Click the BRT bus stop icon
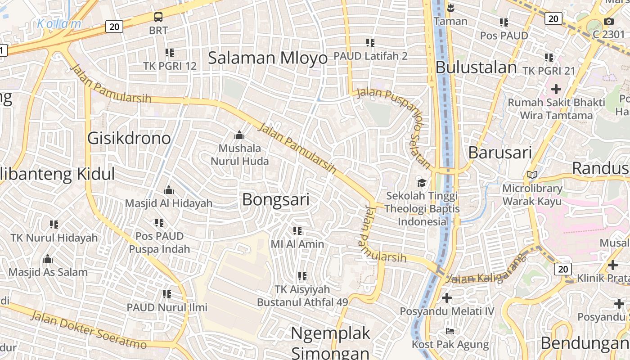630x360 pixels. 158,17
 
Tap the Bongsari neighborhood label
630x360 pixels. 276,199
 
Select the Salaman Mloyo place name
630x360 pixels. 268,58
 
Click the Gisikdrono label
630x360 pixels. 129,138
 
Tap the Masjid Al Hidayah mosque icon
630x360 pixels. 169,190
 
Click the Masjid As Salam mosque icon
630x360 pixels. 48,259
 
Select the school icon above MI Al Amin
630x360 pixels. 297,231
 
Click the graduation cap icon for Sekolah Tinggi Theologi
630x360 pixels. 422,182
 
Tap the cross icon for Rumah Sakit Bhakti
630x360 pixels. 556,89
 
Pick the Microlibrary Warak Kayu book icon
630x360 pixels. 532,175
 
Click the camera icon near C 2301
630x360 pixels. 608,21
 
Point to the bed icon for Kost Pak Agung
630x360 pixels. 450,331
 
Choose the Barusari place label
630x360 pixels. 500,153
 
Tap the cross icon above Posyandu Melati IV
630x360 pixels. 446,297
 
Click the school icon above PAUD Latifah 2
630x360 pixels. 370,43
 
